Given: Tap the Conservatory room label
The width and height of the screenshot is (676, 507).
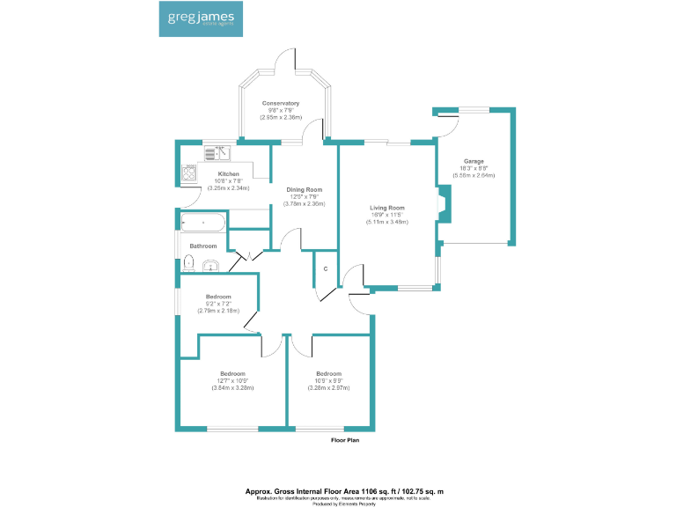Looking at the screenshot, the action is point(281,103).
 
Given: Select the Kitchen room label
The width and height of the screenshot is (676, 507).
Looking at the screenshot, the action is point(216,174).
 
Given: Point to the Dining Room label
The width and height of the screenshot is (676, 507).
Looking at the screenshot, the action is point(304,189).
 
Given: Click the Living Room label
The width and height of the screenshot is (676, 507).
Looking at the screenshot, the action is point(386,208).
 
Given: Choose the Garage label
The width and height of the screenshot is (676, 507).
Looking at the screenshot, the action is point(474,161).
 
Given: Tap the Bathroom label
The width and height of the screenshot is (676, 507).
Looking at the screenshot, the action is point(202,246).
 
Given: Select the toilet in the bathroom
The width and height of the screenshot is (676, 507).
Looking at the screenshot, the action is point(189,262).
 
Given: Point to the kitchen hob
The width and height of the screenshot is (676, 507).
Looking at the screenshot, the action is point(189,173).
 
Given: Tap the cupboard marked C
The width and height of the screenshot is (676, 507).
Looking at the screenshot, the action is point(326,268).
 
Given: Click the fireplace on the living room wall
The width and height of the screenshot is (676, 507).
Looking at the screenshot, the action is point(443,205).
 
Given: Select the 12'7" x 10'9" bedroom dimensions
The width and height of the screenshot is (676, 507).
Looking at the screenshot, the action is point(232,380).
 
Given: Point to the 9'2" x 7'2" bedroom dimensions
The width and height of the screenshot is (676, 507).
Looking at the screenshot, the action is point(217,305).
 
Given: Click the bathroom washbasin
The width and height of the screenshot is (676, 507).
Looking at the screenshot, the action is point(209,266).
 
